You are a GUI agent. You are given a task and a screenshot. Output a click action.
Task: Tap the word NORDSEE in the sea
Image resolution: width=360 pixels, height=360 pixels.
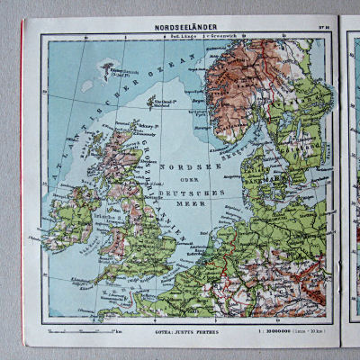point(187,166)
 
